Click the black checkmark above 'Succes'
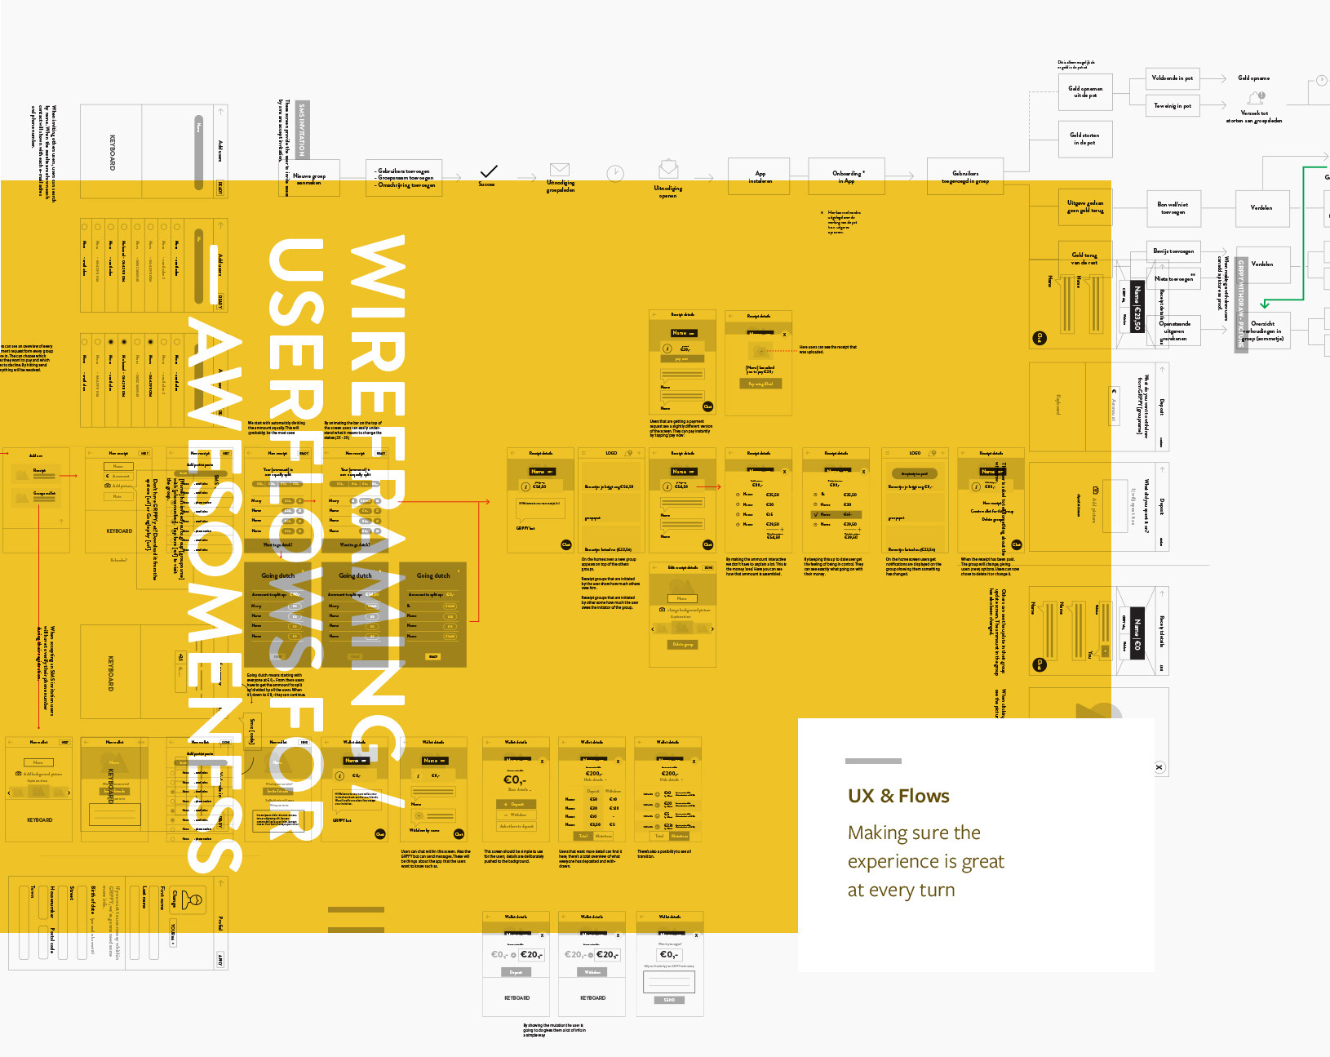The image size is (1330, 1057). point(488,171)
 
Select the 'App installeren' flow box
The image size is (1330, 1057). point(760,177)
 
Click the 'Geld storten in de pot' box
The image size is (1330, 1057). point(1085,139)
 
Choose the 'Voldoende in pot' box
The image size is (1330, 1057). point(1172,78)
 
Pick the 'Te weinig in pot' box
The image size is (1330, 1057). point(1172,106)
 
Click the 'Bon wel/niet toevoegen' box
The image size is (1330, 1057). point(1173,208)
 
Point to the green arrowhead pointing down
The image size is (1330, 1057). point(1265,304)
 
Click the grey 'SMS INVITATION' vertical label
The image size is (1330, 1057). point(302,129)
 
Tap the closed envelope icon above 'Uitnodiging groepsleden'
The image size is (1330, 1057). point(560,170)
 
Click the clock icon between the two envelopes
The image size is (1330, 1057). point(615,173)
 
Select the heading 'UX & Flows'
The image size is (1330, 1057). point(898,796)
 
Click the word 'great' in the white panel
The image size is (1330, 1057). point(983,862)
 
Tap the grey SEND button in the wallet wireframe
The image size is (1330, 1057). point(669,1000)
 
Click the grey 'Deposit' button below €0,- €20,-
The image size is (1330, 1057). point(516,972)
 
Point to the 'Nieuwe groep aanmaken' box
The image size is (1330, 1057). point(310,179)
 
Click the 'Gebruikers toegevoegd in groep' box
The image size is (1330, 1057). point(965,177)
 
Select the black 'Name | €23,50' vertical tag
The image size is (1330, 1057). point(1137,309)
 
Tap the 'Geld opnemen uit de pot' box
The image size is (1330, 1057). point(1085,91)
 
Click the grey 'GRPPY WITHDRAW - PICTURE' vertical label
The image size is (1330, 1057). point(1241,304)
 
